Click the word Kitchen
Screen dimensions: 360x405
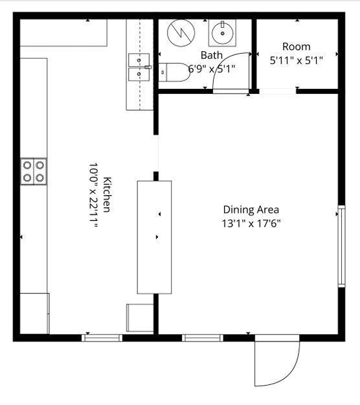[107, 194]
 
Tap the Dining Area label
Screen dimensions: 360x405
[251, 209]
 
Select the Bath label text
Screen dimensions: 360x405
[212, 55]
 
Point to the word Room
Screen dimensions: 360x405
[297, 47]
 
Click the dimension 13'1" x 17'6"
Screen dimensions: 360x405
[251, 223]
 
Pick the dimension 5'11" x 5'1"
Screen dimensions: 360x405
[297, 60]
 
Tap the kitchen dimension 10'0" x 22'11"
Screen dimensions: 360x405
[93, 195]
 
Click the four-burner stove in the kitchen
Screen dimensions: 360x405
[34, 172]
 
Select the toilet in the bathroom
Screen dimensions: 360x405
[174, 73]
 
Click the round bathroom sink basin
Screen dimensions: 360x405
[223, 33]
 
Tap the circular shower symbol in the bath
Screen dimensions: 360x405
[181, 33]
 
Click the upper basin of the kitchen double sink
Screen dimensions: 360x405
[139, 60]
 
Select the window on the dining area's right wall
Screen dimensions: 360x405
[341, 246]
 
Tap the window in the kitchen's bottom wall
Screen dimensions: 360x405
[102, 338]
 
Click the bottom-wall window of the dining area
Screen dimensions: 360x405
[203, 338]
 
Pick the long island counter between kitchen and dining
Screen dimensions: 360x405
[154, 237]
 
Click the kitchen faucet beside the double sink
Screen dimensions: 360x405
[148, 67]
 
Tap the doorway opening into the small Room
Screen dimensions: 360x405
[278, 91]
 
